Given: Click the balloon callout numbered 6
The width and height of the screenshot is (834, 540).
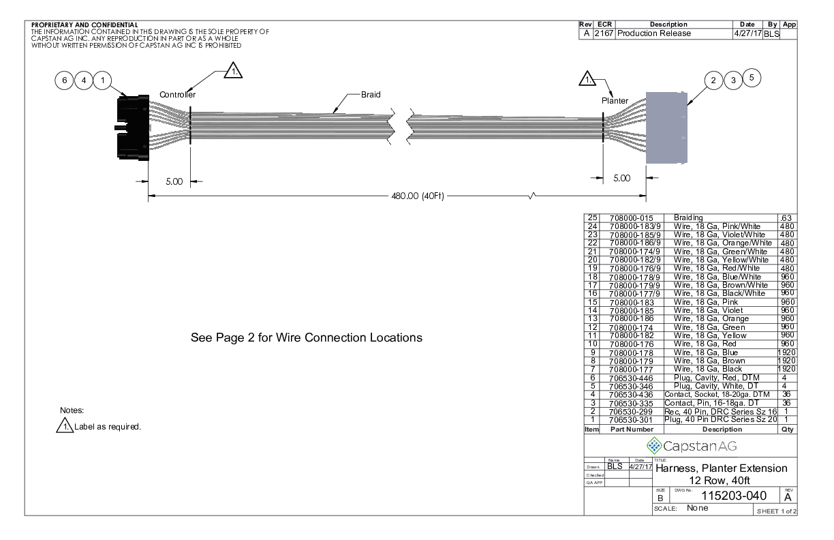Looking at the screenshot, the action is coord(65,80).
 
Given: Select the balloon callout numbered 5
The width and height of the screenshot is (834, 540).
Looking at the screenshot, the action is coord(752,78).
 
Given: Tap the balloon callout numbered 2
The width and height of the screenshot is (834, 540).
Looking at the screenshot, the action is coord(713,80).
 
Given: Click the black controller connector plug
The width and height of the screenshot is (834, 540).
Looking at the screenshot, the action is coord(133,127).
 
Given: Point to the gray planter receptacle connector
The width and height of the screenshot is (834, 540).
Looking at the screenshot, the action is coord(666,127).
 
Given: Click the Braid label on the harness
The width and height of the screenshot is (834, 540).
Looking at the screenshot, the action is coord(371,95).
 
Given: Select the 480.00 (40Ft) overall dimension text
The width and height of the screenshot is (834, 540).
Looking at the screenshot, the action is coord(418,196).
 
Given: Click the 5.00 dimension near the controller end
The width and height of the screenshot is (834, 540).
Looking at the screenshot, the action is coord(174,181).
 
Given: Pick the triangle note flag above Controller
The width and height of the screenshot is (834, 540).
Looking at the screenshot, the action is coord(233,70).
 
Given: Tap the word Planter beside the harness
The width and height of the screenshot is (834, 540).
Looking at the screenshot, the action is coord(615,101).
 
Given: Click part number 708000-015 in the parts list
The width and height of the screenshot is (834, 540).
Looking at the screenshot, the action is coord(631,218).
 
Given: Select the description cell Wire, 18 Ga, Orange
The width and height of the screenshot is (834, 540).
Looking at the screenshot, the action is coord(711,318).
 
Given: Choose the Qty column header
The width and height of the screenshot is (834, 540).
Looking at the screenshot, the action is coord(788,430).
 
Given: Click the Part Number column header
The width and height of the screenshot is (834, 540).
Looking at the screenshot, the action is coord(632,430).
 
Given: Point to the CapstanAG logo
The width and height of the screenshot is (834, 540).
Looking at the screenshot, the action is coord(692,446).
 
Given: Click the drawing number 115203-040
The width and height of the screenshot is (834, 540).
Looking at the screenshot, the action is coord(734,496).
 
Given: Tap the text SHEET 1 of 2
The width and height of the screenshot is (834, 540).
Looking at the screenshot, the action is coord(776,511).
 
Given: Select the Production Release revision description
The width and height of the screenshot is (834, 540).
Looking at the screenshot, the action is coord(654,33).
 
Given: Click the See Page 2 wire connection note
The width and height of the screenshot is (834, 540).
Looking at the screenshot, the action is coord(307,337).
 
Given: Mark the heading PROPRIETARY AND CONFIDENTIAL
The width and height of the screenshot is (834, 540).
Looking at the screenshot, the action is coord(84,25).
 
